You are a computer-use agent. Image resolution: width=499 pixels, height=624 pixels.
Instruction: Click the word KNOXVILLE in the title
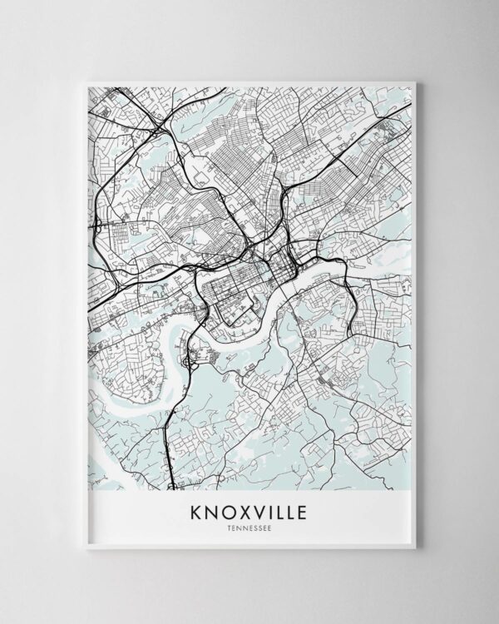pos(249,510)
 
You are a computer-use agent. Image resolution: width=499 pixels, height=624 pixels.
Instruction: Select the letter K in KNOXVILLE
pos(196,510)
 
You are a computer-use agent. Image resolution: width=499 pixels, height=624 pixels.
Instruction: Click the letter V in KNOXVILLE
pos(252,510)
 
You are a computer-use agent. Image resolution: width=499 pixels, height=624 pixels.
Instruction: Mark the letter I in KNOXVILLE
pos(263,510)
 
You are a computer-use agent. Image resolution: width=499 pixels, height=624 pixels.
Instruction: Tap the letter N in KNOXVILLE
pos(209,510)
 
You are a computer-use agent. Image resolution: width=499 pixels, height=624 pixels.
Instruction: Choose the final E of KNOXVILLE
pos(301,510)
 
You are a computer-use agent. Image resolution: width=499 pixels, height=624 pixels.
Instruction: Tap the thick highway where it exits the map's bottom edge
pos(170,486)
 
